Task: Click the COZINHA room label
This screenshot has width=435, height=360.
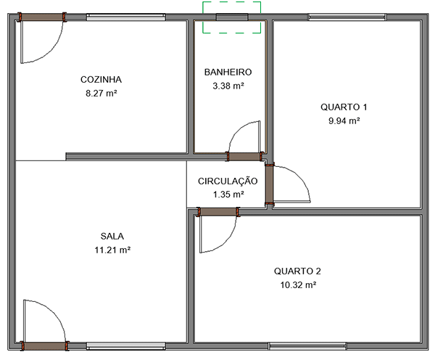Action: pos(101,80)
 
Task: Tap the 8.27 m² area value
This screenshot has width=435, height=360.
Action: pos(101,94)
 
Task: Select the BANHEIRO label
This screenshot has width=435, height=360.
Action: pos(228,73)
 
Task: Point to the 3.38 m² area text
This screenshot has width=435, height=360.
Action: pos(228,86)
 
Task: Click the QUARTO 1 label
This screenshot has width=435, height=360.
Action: pos(344,107)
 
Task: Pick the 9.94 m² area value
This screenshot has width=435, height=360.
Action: pos(344,120)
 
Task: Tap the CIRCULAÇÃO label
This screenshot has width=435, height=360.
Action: pos(228,181)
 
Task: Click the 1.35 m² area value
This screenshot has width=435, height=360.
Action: pos(228,195)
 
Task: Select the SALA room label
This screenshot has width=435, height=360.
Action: pos(112,236)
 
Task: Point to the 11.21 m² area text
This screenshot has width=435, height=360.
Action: pos(112,250)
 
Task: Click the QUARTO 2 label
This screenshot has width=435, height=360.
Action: pos(297,271)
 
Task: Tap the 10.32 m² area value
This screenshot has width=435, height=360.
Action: pos(298,285)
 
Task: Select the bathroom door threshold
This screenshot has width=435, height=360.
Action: pos(244,157)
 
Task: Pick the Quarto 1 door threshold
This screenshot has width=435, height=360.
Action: pos(269,184)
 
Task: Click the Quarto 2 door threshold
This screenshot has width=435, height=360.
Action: pos(218,212)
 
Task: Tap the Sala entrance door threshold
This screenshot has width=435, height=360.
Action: pos(45,346)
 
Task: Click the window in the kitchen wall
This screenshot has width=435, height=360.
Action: pos(126,17)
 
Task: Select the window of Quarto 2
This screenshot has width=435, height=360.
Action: pos(307,346)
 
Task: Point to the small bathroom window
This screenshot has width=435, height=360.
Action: pos(232,17)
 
